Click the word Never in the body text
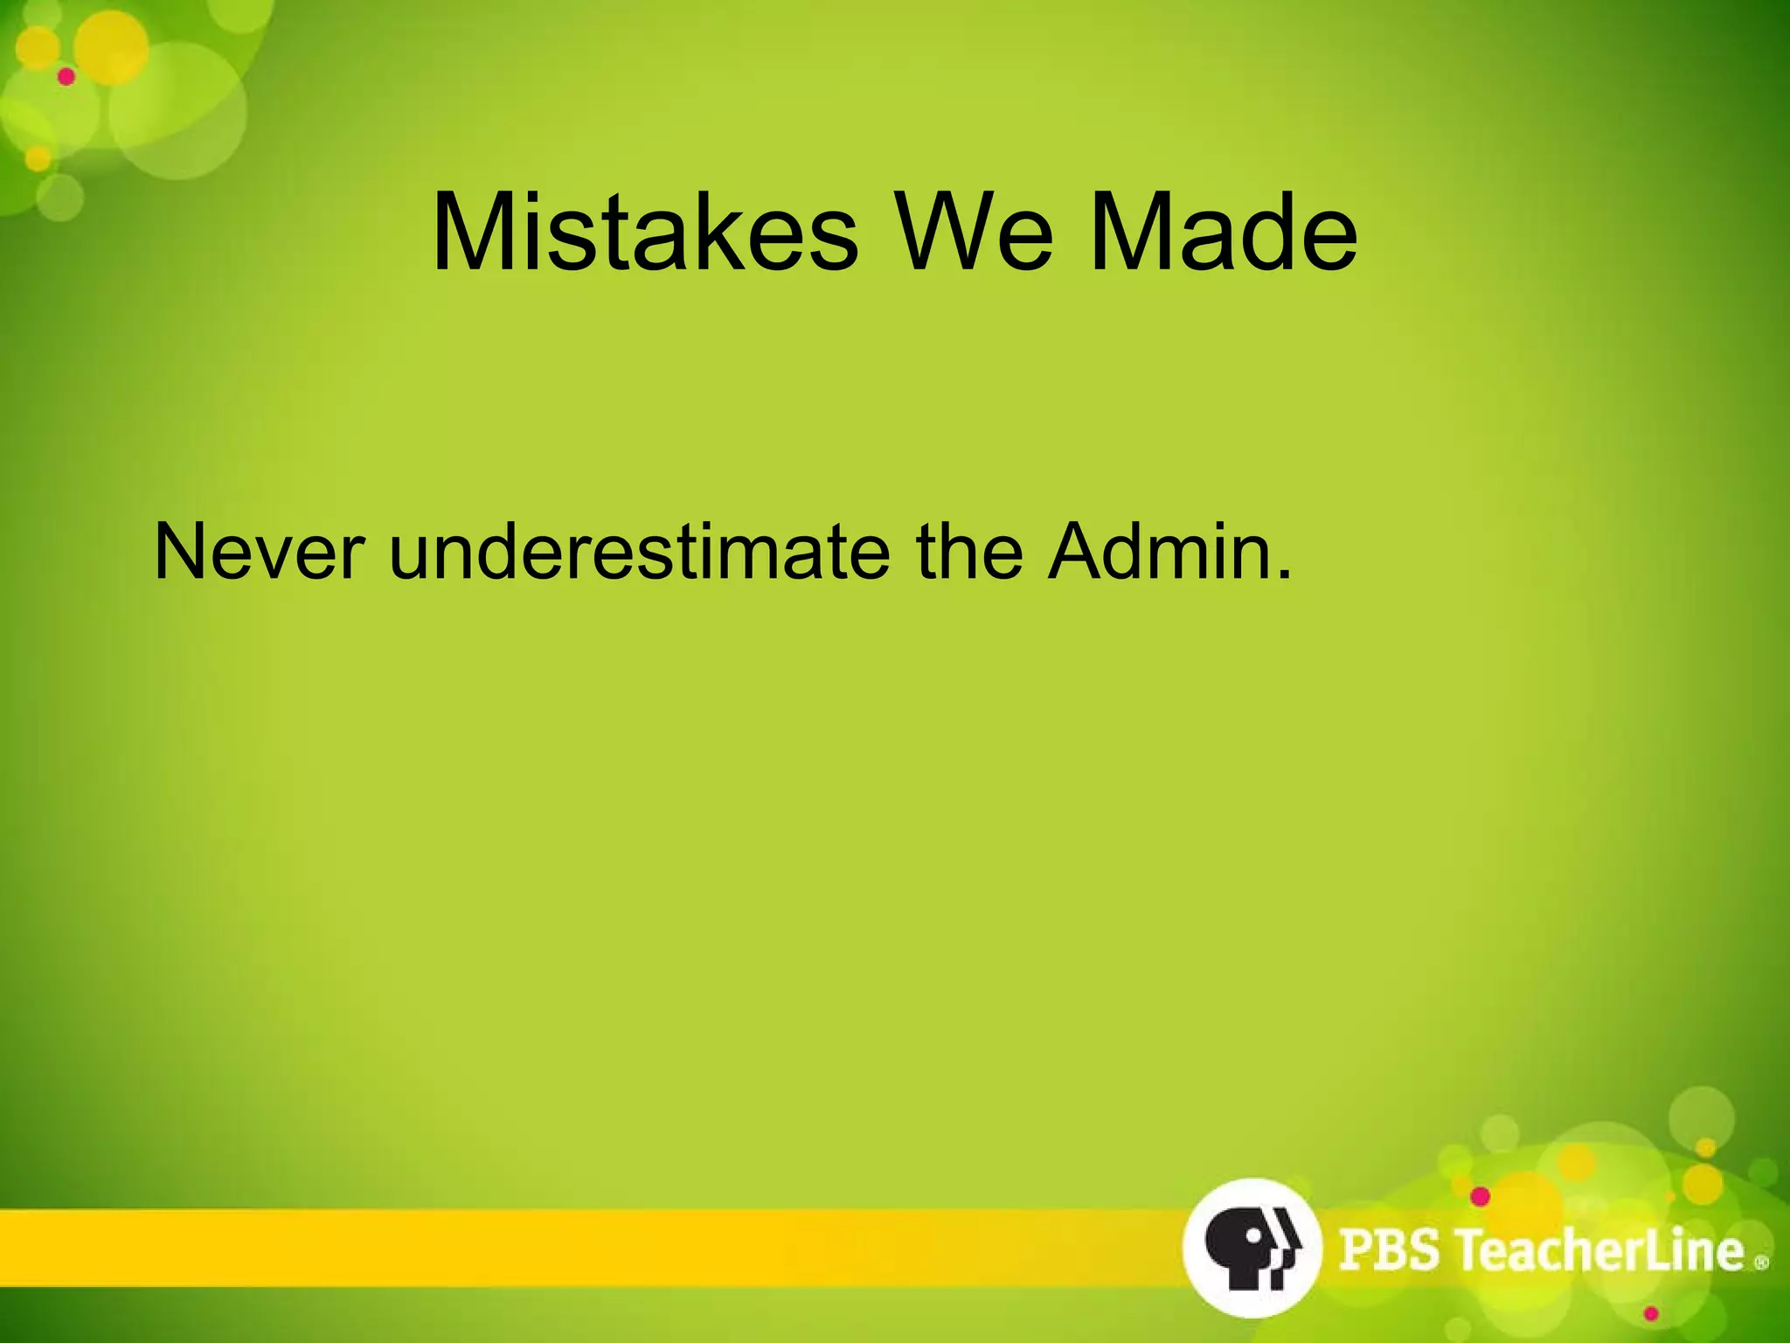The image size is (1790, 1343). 259,553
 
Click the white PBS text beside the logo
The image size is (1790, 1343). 1390,1249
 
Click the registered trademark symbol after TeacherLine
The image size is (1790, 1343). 1761,1262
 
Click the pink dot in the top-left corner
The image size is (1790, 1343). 66,77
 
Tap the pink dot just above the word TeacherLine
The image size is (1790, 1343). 1480,1196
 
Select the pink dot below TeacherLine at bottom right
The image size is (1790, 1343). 1650,1313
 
